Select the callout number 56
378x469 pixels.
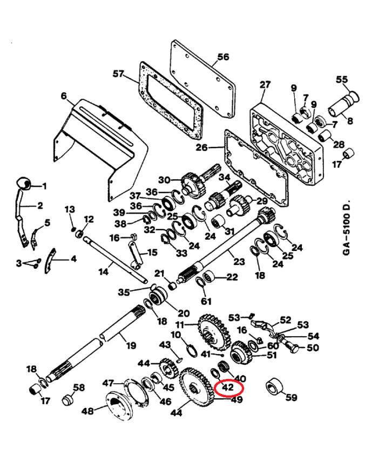point(222,57)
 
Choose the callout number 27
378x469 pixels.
point(265,85)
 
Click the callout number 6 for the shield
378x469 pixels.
point(64,96)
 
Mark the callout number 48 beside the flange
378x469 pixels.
point(87,411)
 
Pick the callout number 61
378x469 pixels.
point(206,300)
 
